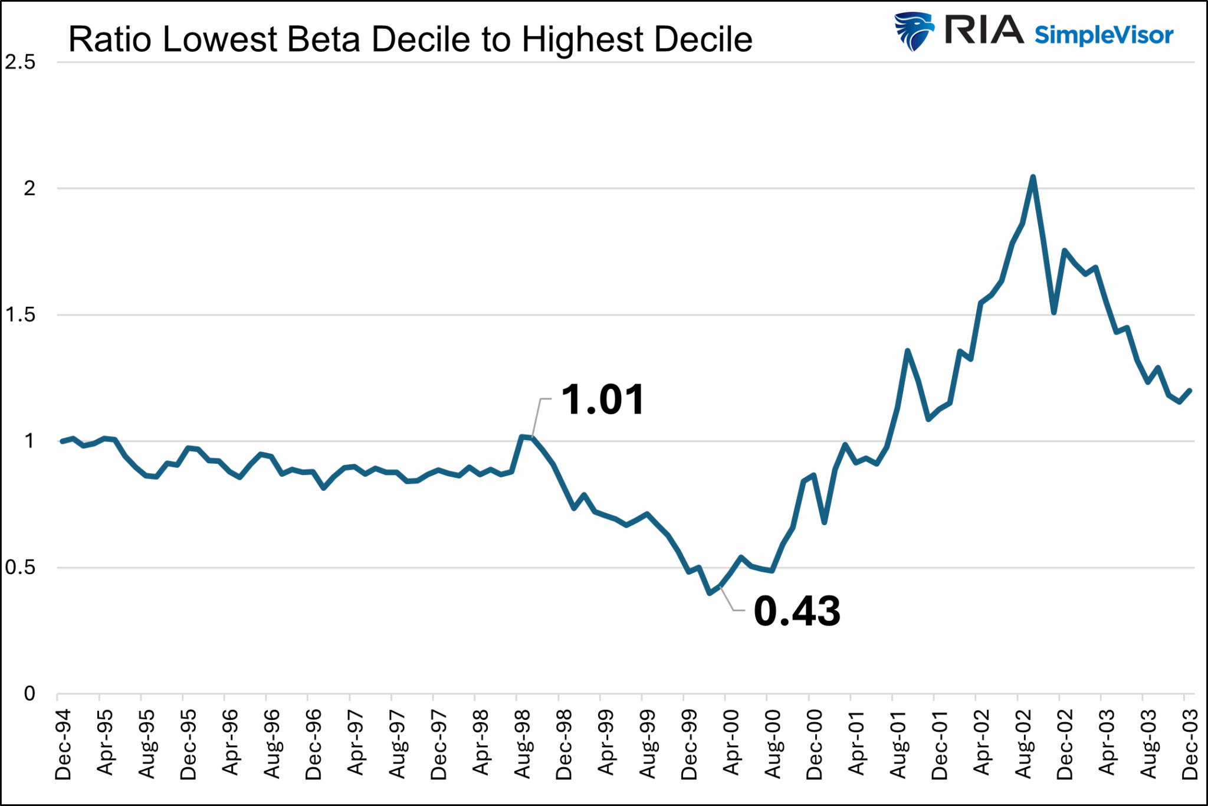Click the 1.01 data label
[602, 400]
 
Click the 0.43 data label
[797, 611]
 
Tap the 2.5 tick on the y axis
[20, 63]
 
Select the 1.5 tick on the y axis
[20, 315]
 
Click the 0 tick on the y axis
[29, 694]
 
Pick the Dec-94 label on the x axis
[63, 745]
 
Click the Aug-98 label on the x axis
[523, 745]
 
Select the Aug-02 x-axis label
[1023, 745]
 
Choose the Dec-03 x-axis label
[1190, 745]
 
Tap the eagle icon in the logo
[913, 31]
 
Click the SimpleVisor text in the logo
[1104, 35]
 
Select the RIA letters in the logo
[984, 30]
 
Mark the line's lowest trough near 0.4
[710, 593]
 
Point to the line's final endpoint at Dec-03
[1190, 391]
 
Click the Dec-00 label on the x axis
[815, 745]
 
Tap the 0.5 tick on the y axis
[20, 568]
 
